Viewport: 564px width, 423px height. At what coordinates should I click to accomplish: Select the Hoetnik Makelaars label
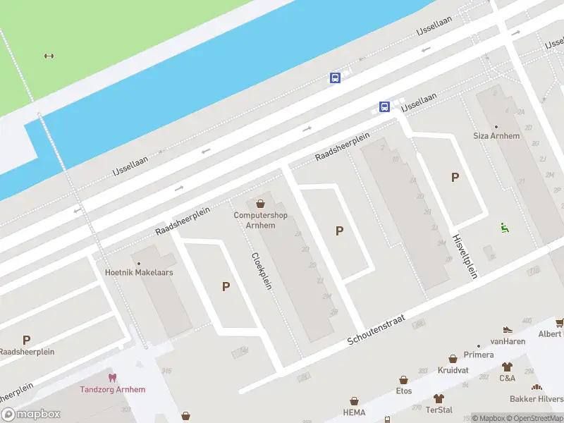pyautogui.click(x=139, y=272)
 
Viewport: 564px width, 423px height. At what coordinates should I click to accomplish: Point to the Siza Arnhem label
pyautogui.click(x=496, y=136)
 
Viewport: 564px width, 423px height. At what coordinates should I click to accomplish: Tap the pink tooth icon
pyautogui.click(x=111, y=378)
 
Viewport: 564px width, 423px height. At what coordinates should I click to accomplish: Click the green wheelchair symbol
pyautogui.click(x=505, y=227)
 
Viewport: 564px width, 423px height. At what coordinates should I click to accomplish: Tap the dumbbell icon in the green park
pyautogui.click(x=49, y=56)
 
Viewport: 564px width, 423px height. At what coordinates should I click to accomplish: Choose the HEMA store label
pyautogui.click(x=354, y=412)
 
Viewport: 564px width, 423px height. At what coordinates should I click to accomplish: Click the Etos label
pyautogui.click(x=404, y=390)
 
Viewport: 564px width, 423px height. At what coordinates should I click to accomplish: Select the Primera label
pyautogui.click(x=479, y=355)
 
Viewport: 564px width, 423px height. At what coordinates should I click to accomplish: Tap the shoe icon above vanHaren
pyautogui.click(x=507, y=329)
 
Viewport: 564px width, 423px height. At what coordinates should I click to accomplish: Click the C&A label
pyautogui.click(x=507, y=378)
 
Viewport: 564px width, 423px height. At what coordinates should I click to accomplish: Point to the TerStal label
pyautogui.click(x=439, y=410)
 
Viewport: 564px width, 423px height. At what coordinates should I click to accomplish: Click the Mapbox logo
pyautogui.click(x=31, y=415)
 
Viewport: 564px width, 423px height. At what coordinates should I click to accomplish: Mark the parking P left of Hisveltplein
pyautogui.click(x=455, y=178)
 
